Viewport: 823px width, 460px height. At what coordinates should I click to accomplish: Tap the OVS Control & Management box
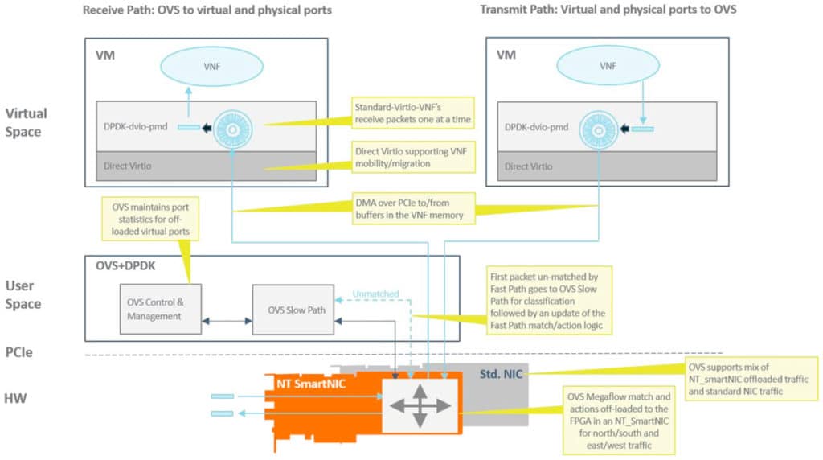(161, 310)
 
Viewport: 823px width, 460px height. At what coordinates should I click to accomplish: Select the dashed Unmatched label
(375, 294)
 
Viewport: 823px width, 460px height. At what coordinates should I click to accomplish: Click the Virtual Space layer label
(27, 123)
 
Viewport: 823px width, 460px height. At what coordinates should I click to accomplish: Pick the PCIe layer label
(21, 352)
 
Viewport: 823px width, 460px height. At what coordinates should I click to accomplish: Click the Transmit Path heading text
(608, 10)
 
